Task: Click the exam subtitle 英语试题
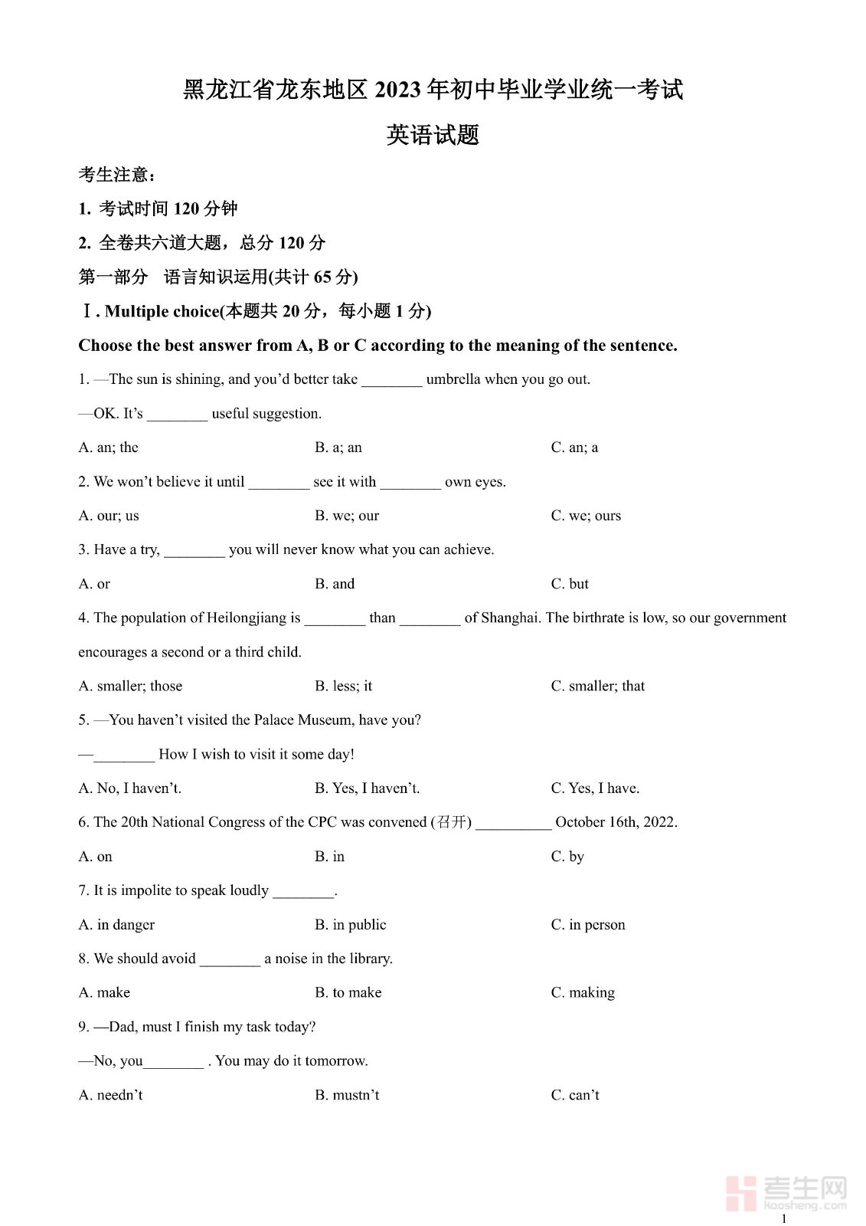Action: (x=433, y=135)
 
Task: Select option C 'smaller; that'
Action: (x=598, y=686)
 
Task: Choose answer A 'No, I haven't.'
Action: (x=129, y=788)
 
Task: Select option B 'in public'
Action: (x=351, y=925)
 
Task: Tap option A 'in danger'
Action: (x=116, y=925)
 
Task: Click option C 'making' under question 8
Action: (x=583, y=992)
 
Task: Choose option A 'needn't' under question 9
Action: (x=110, y=1095)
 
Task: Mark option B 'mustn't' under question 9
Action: (x=347, y=1095)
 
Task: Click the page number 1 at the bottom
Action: (x=783, y=1218)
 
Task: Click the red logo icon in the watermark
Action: (x=741, y=1192)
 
